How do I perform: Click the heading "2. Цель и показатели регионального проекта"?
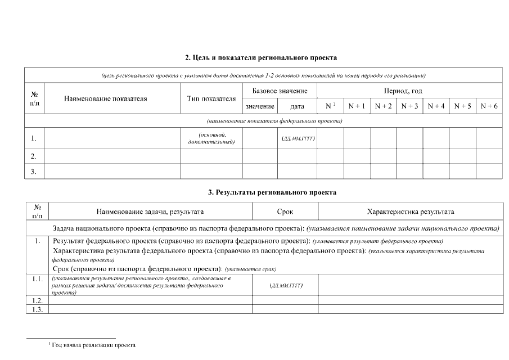click(x=261, y=57)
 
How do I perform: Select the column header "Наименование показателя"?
click(x=105, y=98)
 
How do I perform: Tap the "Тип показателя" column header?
click(x=211, y=98)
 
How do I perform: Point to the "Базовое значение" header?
click(x=280, y=91)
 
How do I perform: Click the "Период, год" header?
click(x=403, y=91)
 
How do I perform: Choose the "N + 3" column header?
click(x=409, y=106)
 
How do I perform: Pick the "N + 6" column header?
click(x=489, y=106)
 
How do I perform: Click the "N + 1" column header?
click(x=357, y=106)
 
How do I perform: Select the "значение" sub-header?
click(x=260, y=106)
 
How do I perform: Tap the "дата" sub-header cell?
click(x=297, y=106)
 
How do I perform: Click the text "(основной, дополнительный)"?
click(x=211, y=138)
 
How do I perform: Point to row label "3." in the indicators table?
click(x=34, y=172)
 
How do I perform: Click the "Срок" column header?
click(x=285, y=211)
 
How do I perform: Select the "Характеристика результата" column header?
click(x=410, y=211)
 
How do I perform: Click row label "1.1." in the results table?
click(x=38, y=279)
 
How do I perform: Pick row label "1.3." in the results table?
click(x=38, y=309)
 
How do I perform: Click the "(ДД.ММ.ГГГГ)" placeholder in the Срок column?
click(x=286, y=286)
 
